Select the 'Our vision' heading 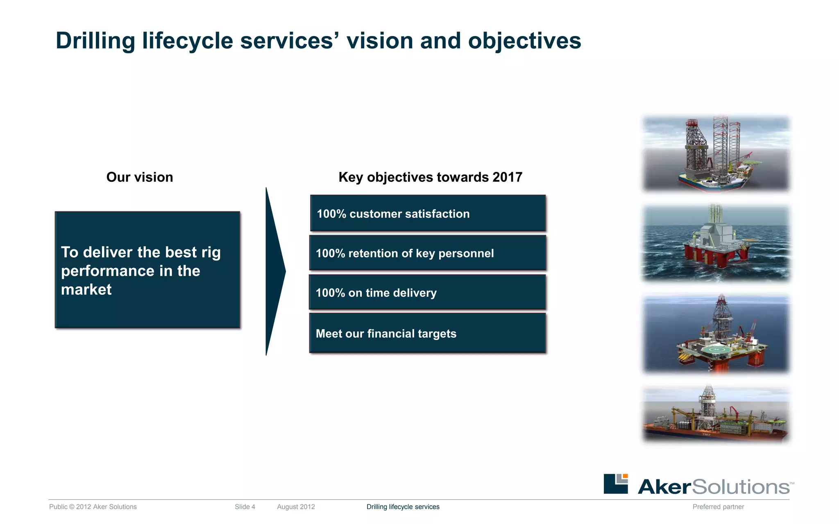[x=139, y=177]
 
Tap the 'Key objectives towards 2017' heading [x=430, y=177]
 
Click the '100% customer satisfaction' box [x=428, y=213]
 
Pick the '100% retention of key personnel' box [x=428, y=253]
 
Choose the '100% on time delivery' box [x=428, y=292]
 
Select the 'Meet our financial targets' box [x=428, y=333]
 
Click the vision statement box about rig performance [x=147, y=270]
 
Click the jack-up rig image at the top [x=716, y=154]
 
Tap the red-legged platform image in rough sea [x=716, y=243]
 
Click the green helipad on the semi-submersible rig [x=716, y=350]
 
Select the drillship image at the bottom [x=716, y=414]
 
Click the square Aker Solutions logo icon [x=615, y=484]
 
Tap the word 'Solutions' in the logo [x=741, y=487]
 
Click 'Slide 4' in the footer [x=245, y=507]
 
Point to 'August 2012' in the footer [x=296, y=507]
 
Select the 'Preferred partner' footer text [x=718, y=507]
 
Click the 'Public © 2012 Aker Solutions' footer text [x=93, y=507]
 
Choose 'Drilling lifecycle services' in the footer [x=403, y=507]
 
